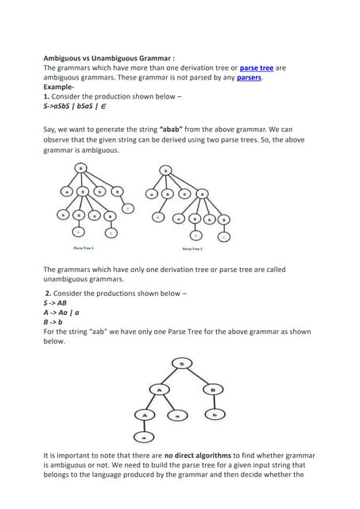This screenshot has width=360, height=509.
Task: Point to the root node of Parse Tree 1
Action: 81,169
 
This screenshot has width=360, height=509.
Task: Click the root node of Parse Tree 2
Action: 165,169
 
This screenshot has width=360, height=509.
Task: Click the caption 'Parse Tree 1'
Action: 85,247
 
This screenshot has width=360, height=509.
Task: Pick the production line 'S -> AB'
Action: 56,303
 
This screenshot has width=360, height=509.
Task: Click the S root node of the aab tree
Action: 182,363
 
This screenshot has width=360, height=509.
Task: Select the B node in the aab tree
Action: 214,390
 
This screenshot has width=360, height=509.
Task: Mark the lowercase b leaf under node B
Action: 214,415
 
